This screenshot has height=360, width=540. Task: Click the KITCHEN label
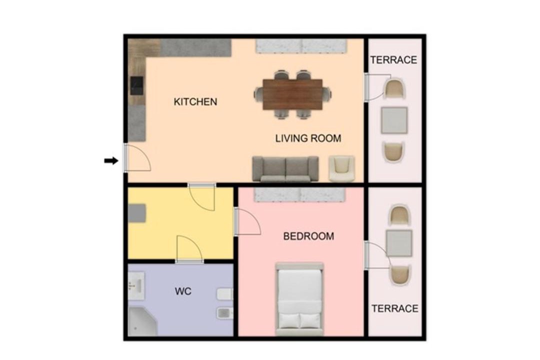(x=195, y=102)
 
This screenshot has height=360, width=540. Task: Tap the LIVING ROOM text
(x=308, y=138)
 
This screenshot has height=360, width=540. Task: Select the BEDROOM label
(x=308, y=236)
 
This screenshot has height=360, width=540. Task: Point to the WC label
(x=183, y=291)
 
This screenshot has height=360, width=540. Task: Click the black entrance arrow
(x=111, y=160)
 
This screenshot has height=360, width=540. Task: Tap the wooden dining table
(x=292, y=94)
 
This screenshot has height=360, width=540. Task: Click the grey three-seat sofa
(x=285, y=169)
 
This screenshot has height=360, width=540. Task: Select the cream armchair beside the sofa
(x=341, y=169)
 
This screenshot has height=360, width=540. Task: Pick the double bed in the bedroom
(x=299, y=299)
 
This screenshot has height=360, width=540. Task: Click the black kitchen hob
(x=136, y=86)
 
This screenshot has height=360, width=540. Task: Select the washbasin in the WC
(x=136, y=285)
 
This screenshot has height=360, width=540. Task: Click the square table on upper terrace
(x=394, y=120)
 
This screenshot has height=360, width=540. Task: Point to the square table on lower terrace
(x=399, y=243)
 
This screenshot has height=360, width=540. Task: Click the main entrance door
(x=137, y=158)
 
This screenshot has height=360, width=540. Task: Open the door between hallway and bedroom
(x=247, y=221)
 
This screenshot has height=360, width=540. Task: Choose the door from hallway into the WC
(x=189, y=249)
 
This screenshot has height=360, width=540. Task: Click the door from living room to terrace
(x=377, y=87)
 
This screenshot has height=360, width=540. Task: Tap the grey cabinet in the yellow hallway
(x=136, y=213)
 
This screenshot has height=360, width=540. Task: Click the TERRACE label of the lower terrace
(x=394, y=308)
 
